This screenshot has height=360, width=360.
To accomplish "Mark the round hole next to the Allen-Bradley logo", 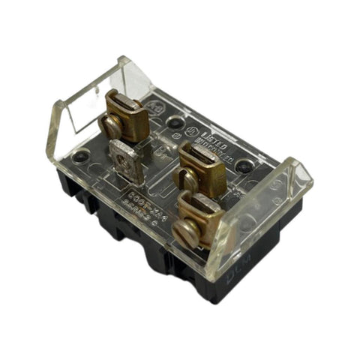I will click(x=175, y=121).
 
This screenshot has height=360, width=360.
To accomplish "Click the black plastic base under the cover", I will click(x=150, y=255).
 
